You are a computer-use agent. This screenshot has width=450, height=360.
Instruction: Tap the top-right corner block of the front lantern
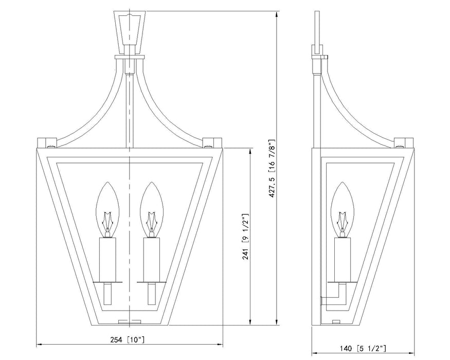[x=211, y=141]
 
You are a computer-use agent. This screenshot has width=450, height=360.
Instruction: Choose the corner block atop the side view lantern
[x=404, y=141]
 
